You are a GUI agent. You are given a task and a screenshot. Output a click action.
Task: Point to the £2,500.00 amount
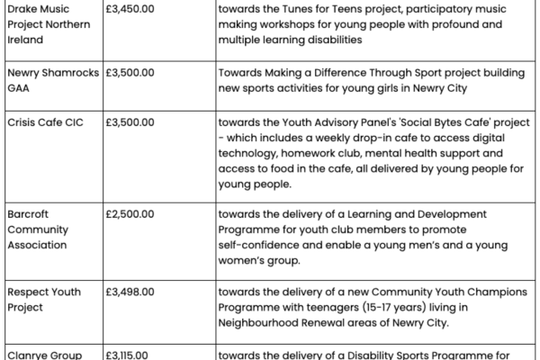click(130, 213)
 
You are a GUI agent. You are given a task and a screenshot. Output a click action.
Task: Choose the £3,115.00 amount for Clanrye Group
click(129, 355)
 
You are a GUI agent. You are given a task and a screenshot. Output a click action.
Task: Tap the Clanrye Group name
click(44, 355)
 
